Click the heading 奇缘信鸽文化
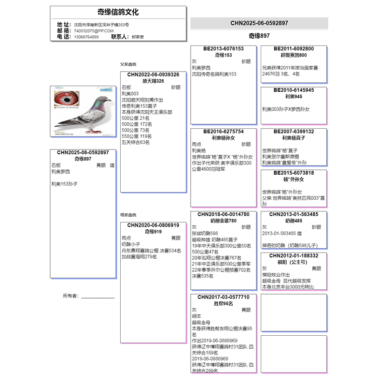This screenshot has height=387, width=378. pos(118,12)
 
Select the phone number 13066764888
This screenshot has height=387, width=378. pos(86,37)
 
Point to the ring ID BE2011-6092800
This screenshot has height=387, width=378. pos(294,49)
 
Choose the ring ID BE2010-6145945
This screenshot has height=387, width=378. pos(294,90)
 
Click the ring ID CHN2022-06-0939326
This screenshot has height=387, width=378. pos(153,74)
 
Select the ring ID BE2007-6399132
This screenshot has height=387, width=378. pos(294,132)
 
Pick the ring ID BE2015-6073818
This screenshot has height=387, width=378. pos(294,173)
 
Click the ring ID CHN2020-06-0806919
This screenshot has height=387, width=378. pos(153,225)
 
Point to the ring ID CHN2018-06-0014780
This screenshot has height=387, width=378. pos(223,214)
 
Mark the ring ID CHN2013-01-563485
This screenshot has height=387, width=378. pos(294,214)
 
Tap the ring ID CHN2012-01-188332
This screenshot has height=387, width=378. pos(294,255)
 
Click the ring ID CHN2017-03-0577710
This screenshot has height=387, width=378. pos(223,297)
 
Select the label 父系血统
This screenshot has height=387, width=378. pos(128,64)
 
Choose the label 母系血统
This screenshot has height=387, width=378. pos(128,215)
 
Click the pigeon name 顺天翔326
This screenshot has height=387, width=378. pos(153,81)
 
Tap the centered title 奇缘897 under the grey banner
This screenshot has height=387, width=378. pos(259,36)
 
